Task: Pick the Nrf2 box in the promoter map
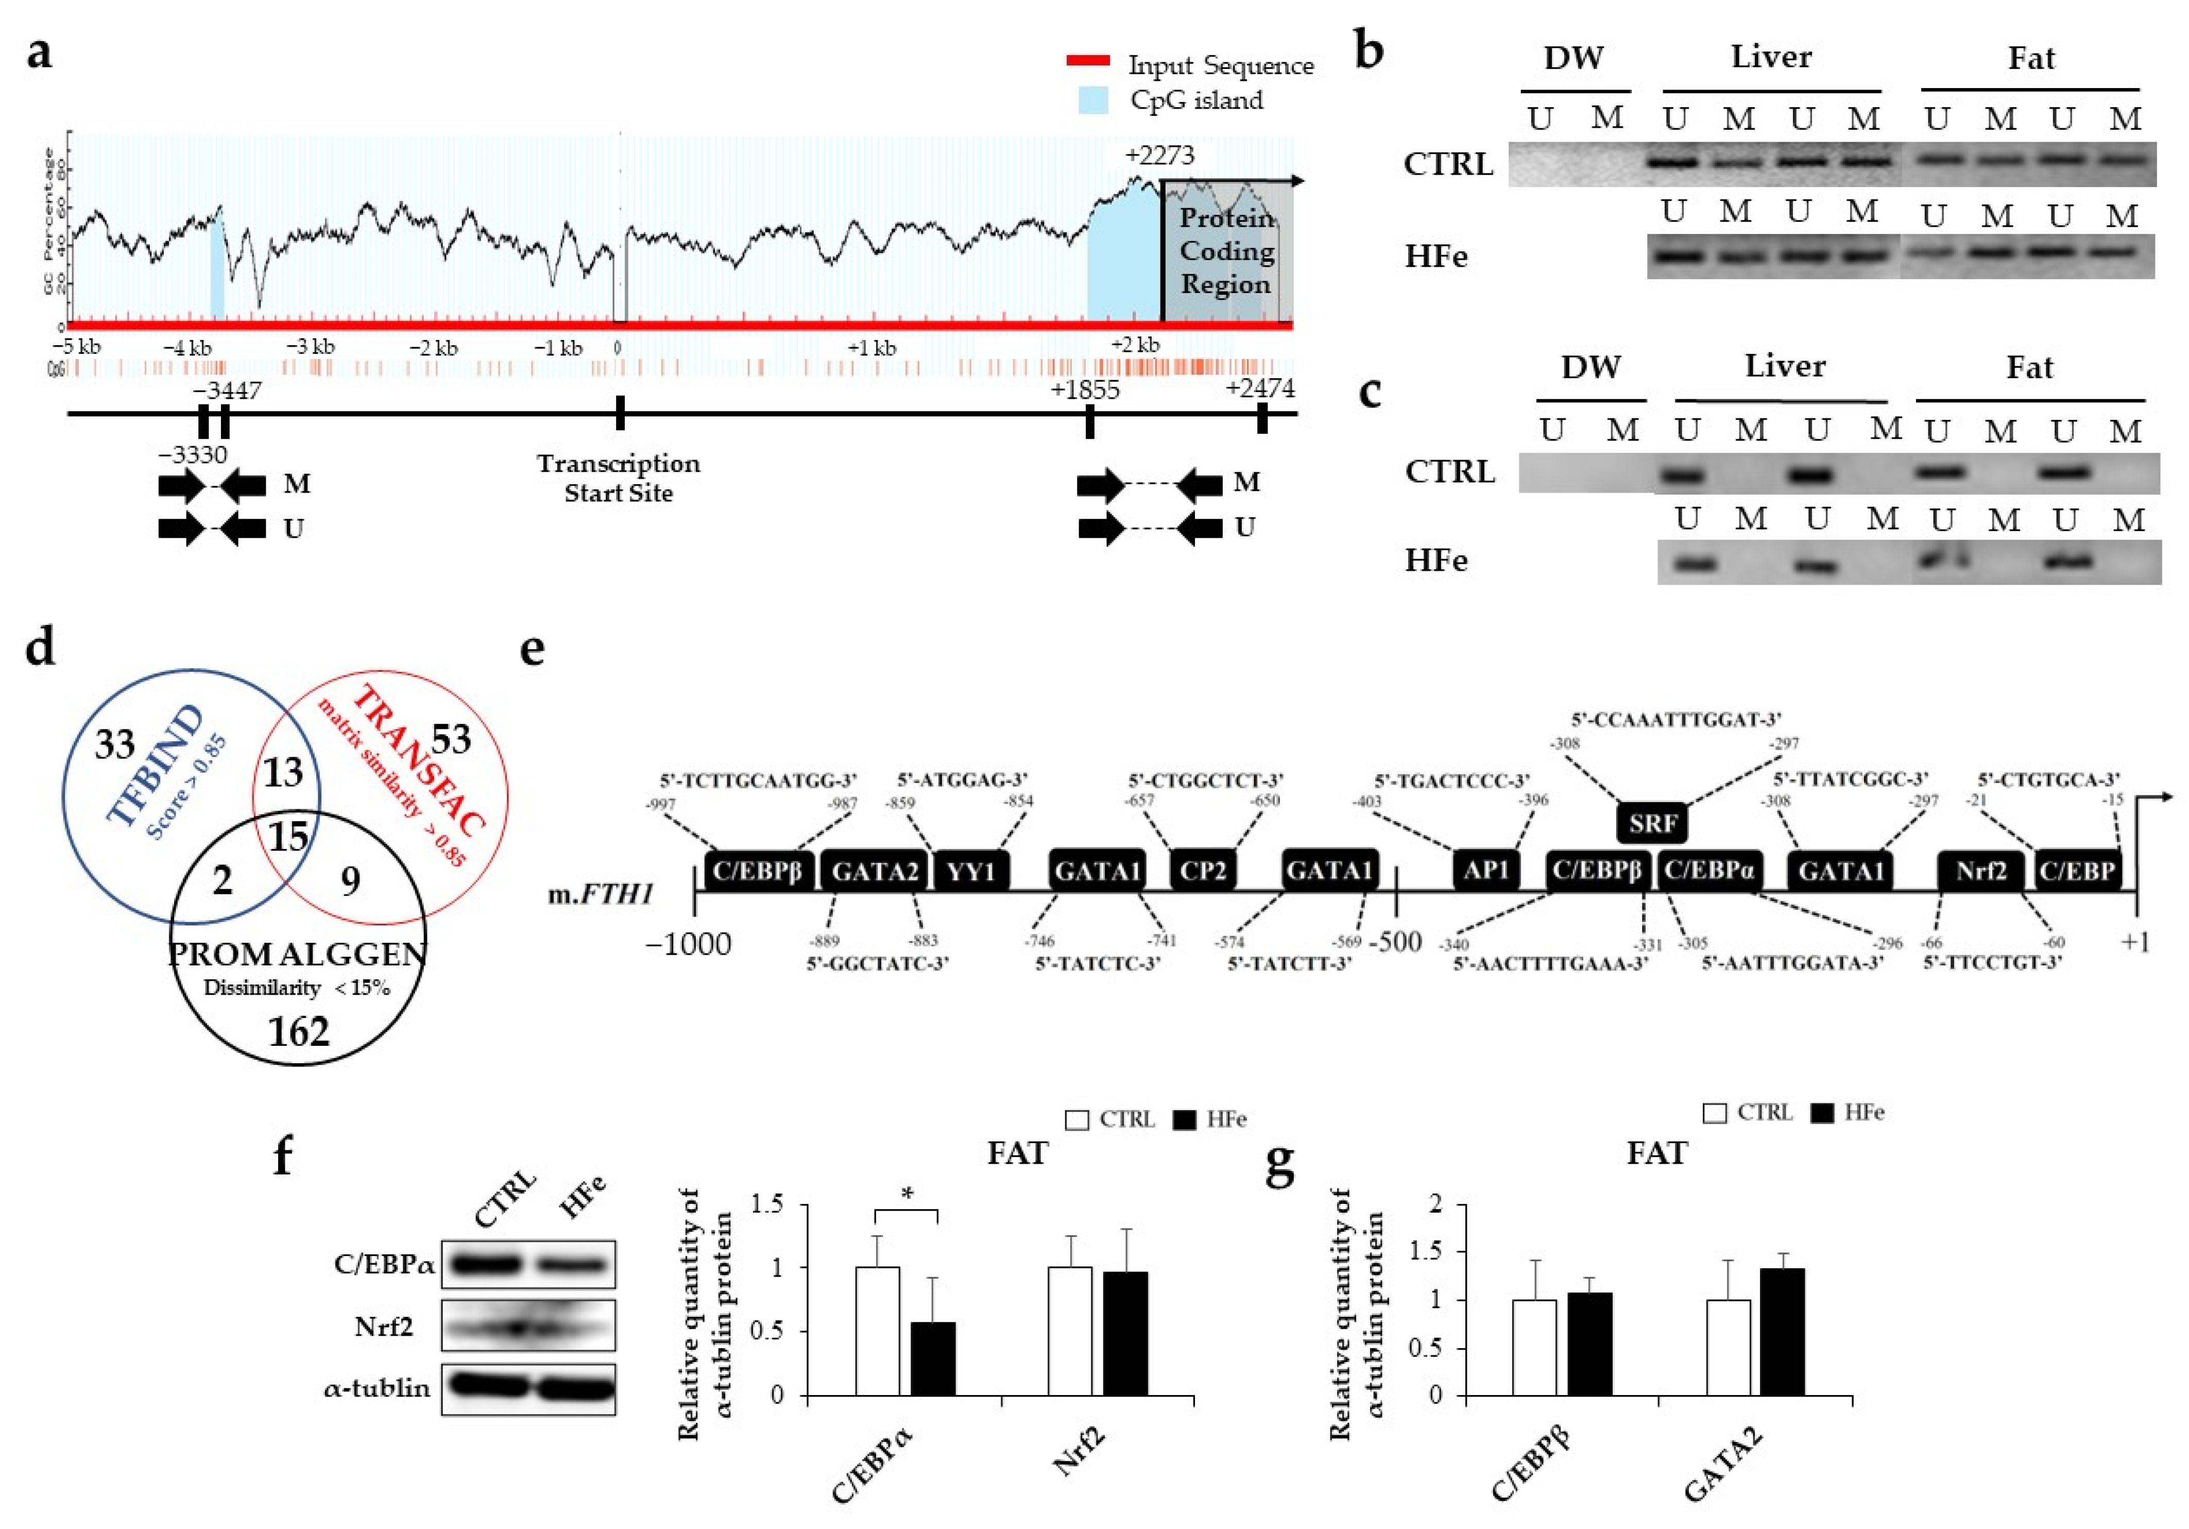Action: click(1980, 871)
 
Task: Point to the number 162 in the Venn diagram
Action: click(298, 1032)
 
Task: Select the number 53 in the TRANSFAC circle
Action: click(451, 738)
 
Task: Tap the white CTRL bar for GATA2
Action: click(1728, 1347)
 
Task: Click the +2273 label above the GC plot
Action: click(1158, 155)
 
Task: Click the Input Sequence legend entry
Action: click(1219, 65)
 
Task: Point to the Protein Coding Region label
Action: click(1226, 251)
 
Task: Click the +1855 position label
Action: click(1085, 390)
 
